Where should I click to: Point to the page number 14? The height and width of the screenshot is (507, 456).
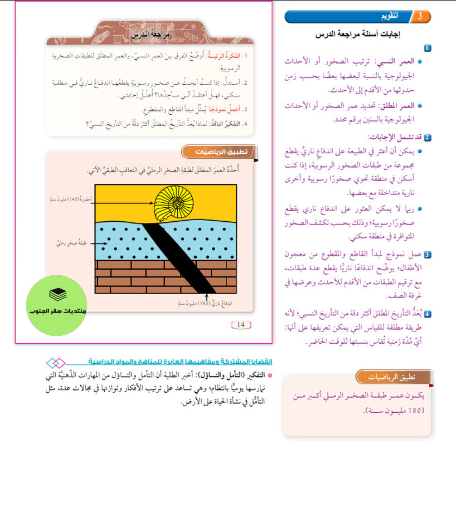tap(241, 325)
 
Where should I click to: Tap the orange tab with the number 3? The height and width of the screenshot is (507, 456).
tap(420, 17)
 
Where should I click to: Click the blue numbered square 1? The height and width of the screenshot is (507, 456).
tap(427, 48)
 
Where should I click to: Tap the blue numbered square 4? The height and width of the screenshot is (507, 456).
tap(427, 314)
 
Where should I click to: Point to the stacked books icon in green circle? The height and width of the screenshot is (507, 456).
tap(56, 294)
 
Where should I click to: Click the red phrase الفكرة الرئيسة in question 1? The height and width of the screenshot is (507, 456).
tap(224, 56)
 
